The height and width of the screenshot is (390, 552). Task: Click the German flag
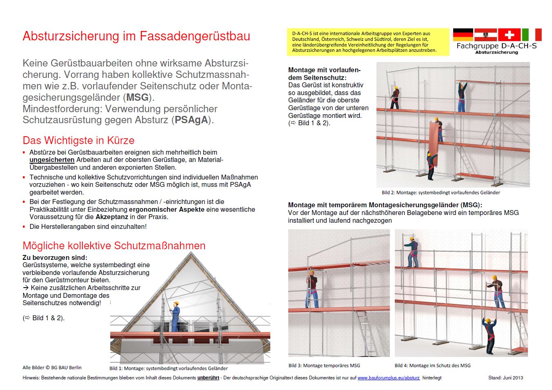463,35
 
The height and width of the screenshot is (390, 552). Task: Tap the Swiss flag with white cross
509,35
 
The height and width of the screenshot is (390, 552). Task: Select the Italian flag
532,35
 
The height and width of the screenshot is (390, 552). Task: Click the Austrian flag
485,35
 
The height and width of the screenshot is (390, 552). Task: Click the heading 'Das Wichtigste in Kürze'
78,140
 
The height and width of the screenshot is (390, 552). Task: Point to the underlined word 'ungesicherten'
52,160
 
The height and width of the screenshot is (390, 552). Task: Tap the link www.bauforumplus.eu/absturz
388,378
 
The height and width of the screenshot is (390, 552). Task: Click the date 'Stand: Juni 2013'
505,378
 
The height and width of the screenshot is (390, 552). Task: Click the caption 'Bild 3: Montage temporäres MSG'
324,366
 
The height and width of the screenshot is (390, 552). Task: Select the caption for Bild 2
441,193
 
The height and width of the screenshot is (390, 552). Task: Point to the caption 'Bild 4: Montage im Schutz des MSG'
432,366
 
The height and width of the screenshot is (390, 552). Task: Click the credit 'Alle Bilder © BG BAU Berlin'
52,368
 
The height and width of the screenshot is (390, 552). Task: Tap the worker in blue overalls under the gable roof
175,317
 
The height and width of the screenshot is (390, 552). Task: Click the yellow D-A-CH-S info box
368,42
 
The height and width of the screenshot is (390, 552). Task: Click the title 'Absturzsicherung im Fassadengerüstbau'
136,36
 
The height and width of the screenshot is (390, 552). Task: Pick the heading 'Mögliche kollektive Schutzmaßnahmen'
114,246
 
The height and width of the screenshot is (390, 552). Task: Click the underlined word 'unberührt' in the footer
208,378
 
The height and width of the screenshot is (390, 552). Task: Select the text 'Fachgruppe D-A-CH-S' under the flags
496,46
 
